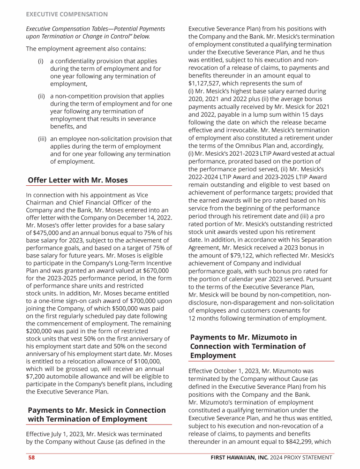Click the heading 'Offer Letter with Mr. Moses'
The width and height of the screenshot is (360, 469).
pos(78,180)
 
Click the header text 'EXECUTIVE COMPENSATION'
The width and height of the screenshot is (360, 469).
pos(67,15)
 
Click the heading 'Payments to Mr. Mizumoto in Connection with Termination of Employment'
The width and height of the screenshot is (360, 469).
pos(248,346)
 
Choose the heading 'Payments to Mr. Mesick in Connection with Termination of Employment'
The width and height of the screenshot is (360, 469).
pos(97,415)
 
